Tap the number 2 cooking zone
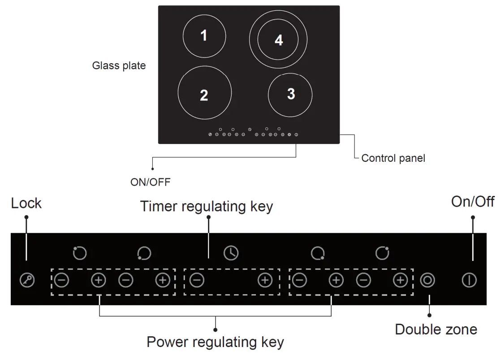pyautogui.click(x=204, y=94)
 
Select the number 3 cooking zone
pyautogui.click(x=290, y=94)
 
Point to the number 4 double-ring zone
pyautogui.click(x=279, y=40)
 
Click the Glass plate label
pyautogui.click(x=119, y=65)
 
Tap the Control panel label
pyautogui.click(x=393, y=158)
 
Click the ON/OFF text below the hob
pyautogui.click(x=150, y=182)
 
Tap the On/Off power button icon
pyautogui.click(x=469, y=281)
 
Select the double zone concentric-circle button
pyautogui.click(x=428, y=281)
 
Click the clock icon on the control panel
pyautogui.click(x=231, y=253)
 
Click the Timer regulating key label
pyautogui.click(x=206, y=207)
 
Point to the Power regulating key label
pyautogui.click(x=215, y=342)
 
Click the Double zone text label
pyautogui.click(x=436, y=330)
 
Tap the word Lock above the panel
pyautogui.click(x=26, y=203)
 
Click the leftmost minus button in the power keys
pyautogui.click(x=61, y=281)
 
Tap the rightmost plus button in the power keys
pyautogui.click(x=400, y=281)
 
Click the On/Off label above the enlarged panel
pyautogui.click(x=473, y=202)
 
